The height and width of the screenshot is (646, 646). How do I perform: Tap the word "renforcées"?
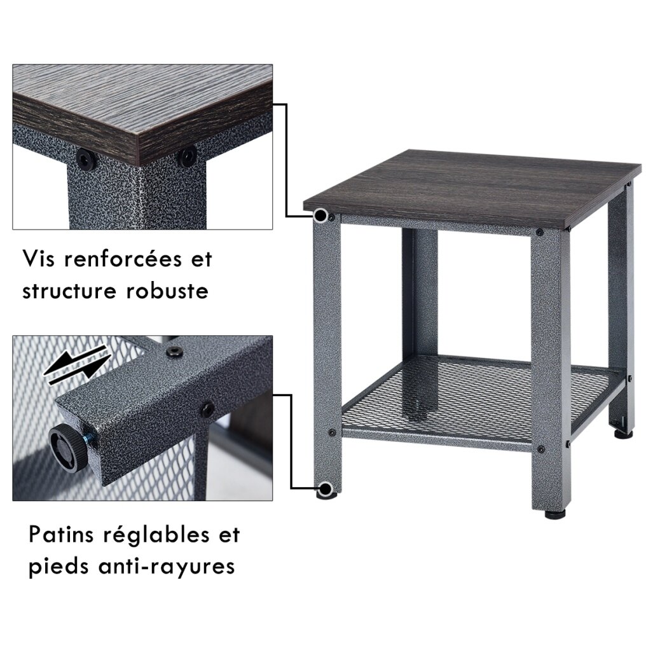(x=123, y=259)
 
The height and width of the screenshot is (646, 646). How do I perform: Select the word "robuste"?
(x=167, y=291)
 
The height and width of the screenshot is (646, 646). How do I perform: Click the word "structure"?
(x=69, y=291)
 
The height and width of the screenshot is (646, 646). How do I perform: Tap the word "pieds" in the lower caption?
(x=58, y=567)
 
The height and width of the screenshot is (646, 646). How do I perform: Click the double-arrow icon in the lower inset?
(x=76, y=364)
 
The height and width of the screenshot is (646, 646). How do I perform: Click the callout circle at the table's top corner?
(x=320, y=215)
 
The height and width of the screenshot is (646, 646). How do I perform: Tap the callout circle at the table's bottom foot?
(x=326, y=489)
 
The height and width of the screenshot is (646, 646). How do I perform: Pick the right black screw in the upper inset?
(x=188, y=157)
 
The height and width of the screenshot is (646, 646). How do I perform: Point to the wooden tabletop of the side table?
(x=472, y=190)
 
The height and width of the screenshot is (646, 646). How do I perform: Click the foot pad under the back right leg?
(x=623, y=433)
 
